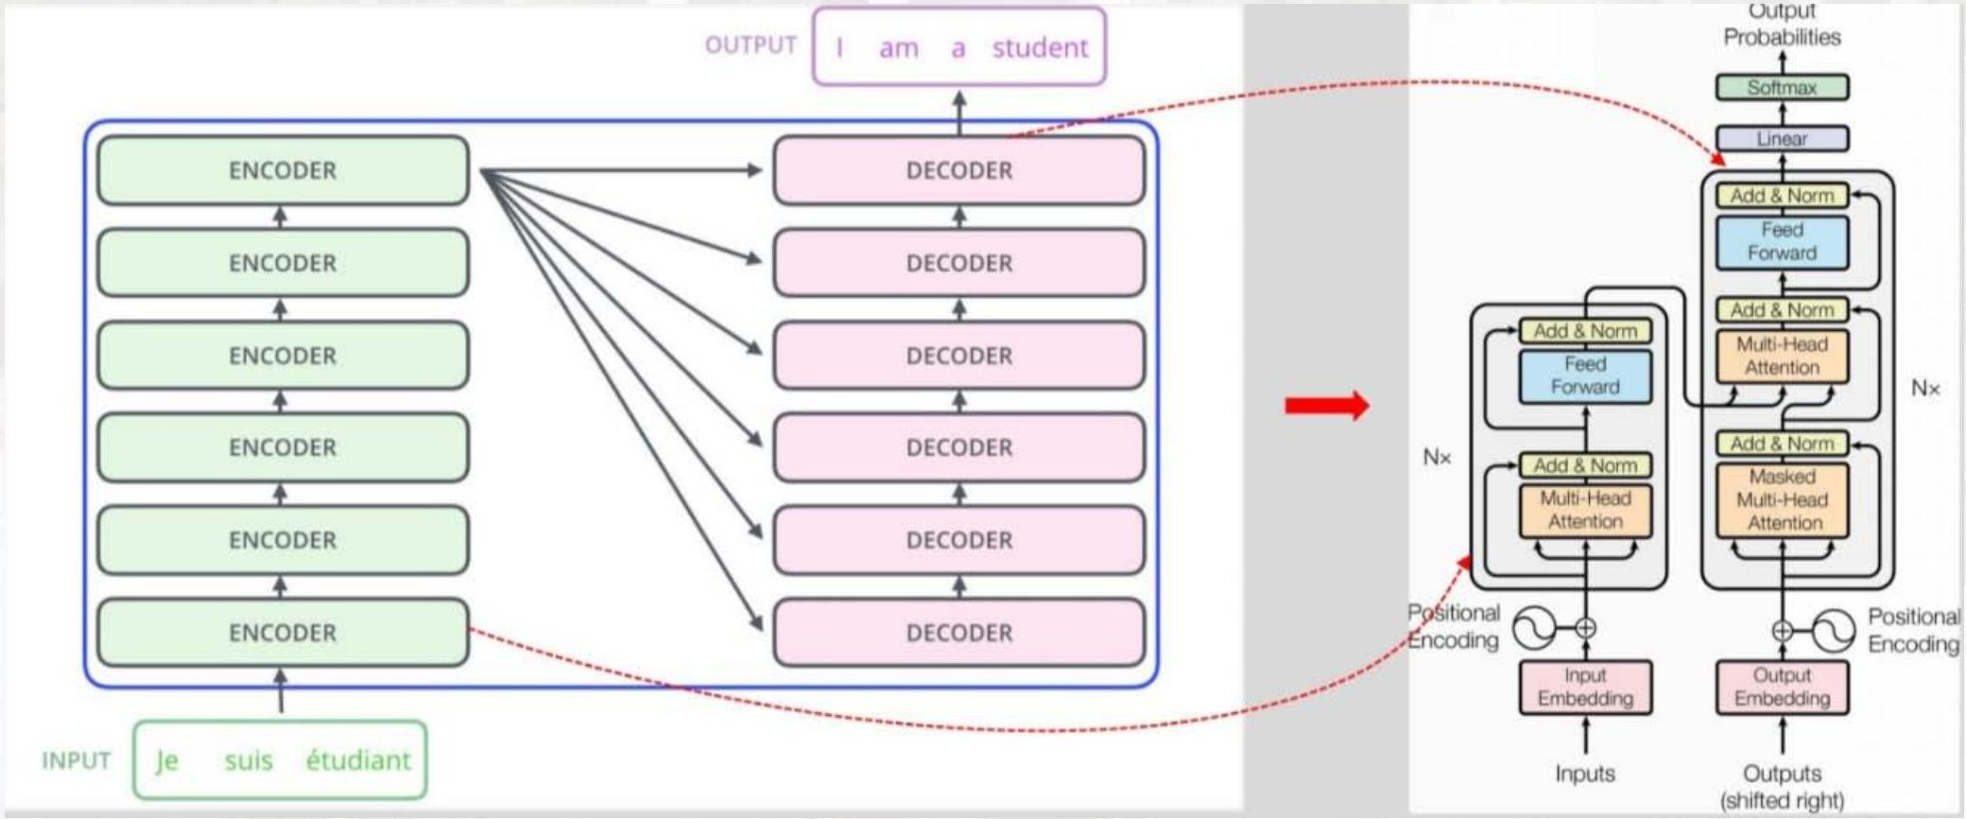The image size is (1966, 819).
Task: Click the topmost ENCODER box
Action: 283,170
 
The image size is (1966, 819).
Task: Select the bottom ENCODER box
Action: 283,633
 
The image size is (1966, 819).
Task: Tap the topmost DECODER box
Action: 958,170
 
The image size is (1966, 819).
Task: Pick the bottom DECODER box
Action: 958,633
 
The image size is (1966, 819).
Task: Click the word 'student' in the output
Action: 1040,47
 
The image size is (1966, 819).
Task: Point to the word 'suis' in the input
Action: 249,760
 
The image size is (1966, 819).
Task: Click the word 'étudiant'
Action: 358,760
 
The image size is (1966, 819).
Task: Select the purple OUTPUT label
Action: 750,45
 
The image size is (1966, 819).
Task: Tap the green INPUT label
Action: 77,760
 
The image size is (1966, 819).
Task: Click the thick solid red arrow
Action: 1326,406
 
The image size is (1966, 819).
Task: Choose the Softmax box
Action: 1782,88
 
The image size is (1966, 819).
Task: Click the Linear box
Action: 1782,139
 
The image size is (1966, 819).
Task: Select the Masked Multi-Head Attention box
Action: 1782,500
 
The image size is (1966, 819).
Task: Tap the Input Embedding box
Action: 1585,687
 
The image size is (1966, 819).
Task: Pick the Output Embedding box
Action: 1782,687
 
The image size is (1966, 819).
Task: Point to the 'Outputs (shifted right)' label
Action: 1782,787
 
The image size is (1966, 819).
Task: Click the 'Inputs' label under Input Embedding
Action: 1585,774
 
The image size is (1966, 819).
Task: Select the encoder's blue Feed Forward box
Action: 1585,375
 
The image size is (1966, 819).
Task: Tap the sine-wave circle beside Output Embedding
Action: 1834,631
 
